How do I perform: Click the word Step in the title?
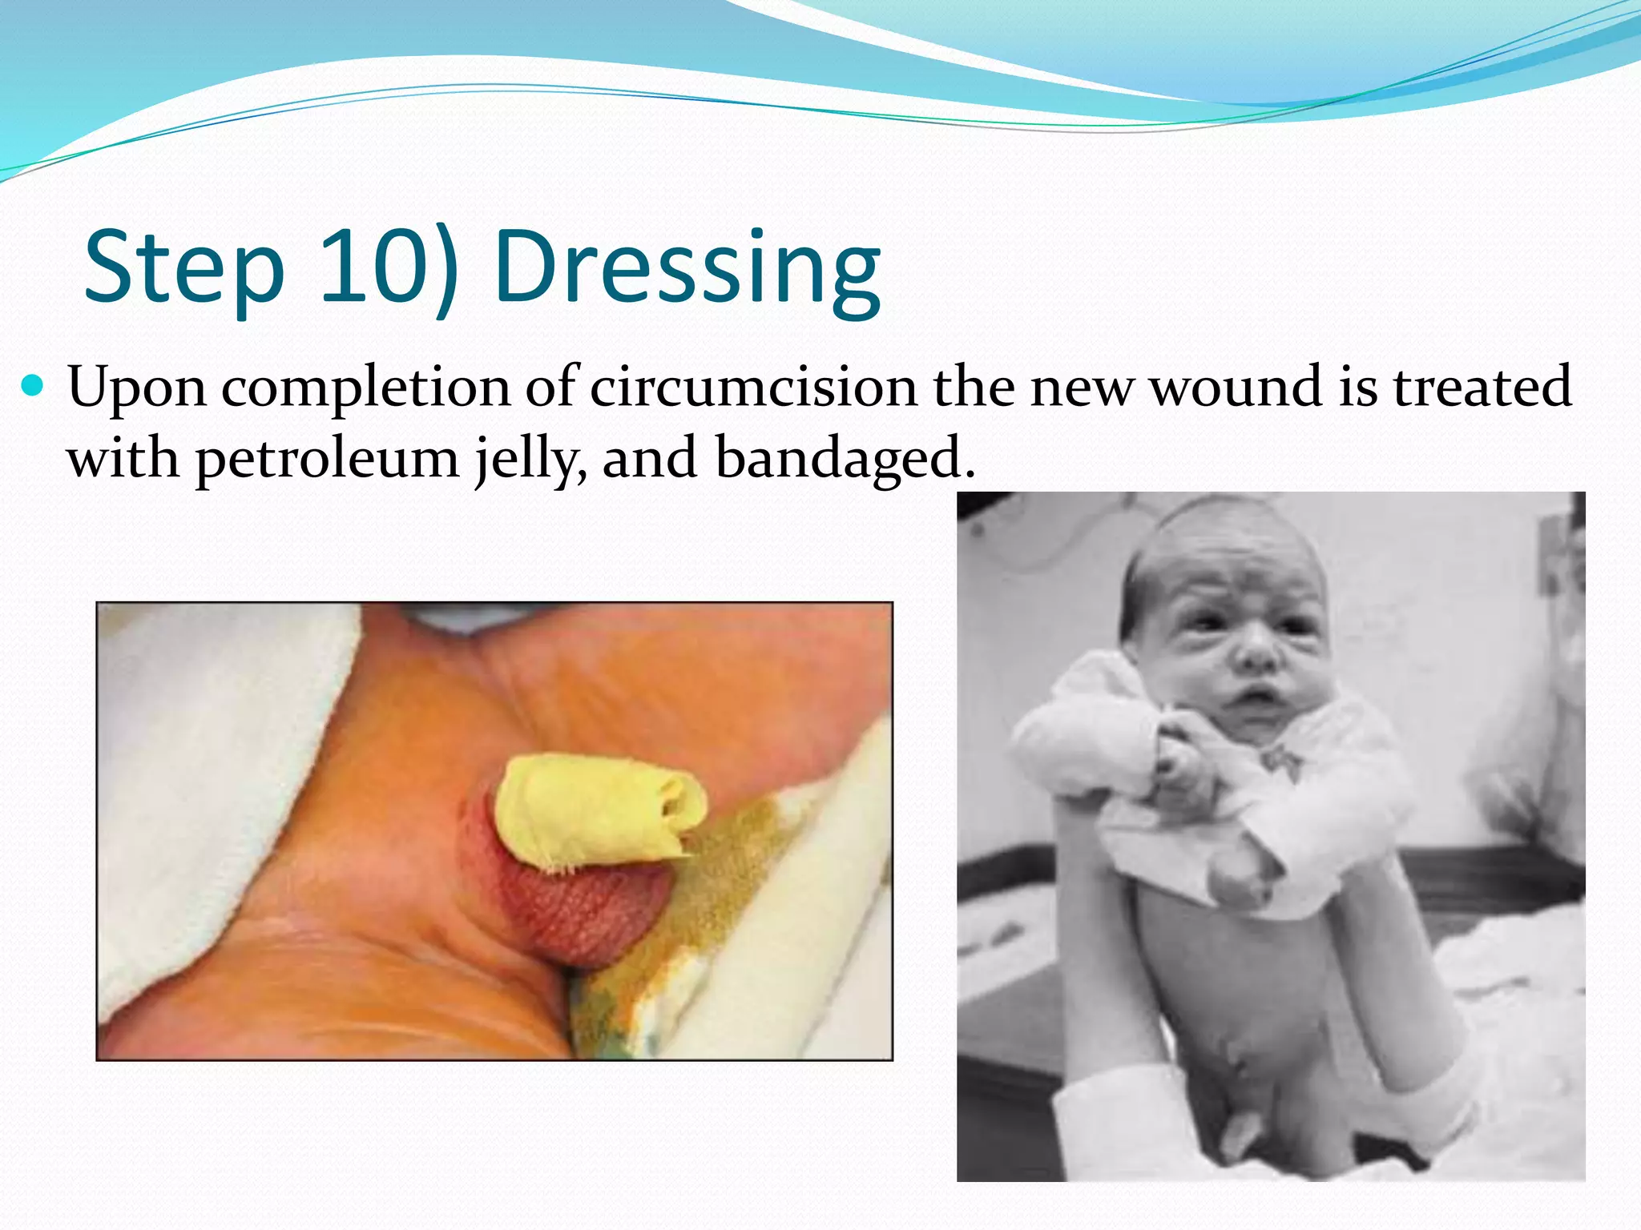point(184,268)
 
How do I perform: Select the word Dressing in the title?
point(687,268)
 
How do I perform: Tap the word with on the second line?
point(122,459)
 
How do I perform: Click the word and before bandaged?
point(649,459)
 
